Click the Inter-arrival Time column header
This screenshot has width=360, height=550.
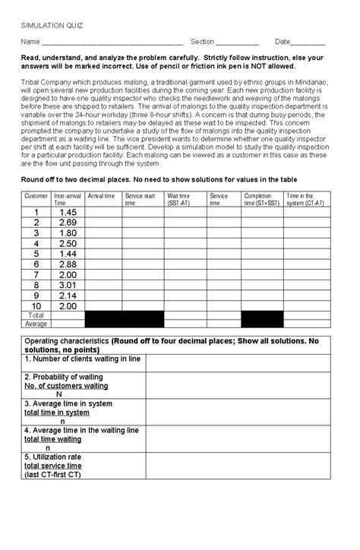click(66, 200)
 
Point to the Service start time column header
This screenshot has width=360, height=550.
click(142, 200)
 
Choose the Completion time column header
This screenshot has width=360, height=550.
click(261, 200)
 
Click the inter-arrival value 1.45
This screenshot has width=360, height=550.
click(66, 212)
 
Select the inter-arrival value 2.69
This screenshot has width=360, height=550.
click(66, 223)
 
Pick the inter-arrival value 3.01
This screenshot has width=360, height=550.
click(66, 285)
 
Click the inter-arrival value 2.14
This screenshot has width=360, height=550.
click(66, 296)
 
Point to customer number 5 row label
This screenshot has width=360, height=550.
click(36, 254)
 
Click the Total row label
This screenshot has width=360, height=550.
click(36, 315)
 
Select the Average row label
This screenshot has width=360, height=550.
click(36, 323)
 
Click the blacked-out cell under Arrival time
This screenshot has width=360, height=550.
click(103, 319)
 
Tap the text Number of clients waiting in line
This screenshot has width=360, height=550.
click(83, 358)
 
